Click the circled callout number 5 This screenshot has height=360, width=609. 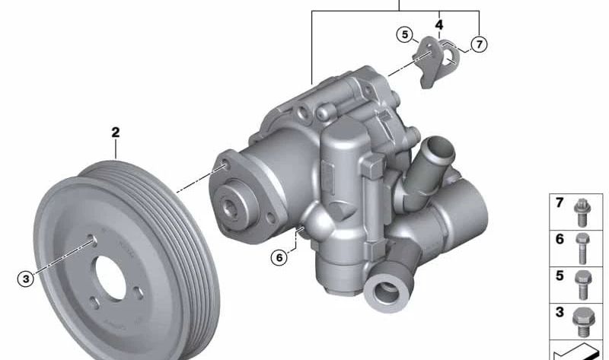[405, 34]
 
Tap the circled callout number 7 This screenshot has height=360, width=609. [480, 44]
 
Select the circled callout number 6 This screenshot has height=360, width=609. [279, 257]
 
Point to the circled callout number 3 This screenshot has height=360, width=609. [26, 279]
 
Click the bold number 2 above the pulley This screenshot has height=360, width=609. [116, 132]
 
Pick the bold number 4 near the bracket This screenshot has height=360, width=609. [439, 25]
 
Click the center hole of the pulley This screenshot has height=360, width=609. [110, 277]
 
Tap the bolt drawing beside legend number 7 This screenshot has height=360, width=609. [582, 212]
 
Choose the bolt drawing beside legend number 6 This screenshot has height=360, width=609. [582, 248]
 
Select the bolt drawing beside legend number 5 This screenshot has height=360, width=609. [582, 285]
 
